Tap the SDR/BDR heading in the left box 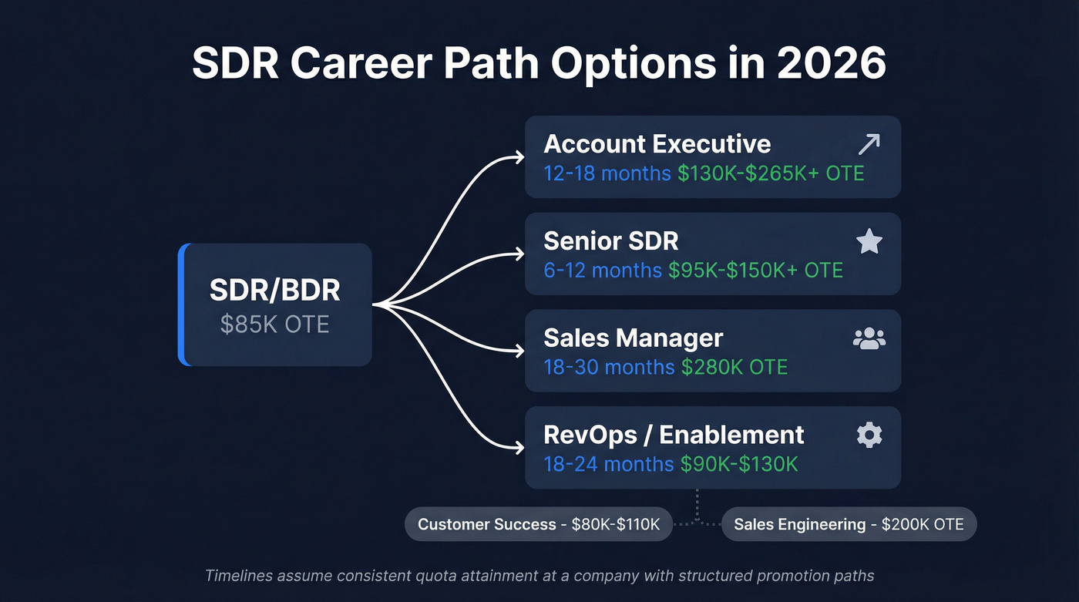click(274, 291)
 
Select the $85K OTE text click(274, 324)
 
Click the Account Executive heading click(657, 144)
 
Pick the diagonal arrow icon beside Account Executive click(869, 144)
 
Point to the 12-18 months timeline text click(607, 173)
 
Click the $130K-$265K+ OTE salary click(771, 173)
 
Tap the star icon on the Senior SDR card click(869, 241)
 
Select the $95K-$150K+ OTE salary click(755, 270)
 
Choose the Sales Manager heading click(633, 338)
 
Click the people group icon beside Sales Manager click(869, 338)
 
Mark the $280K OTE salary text click(734, 367)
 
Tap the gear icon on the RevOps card click(869, 436)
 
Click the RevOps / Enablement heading click(674, 436)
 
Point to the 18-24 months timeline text click(608, 464)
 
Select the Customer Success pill click(538, 525)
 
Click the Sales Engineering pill click(849, 525)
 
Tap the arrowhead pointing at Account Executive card click(519, 158)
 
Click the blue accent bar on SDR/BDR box click(182, 304)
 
